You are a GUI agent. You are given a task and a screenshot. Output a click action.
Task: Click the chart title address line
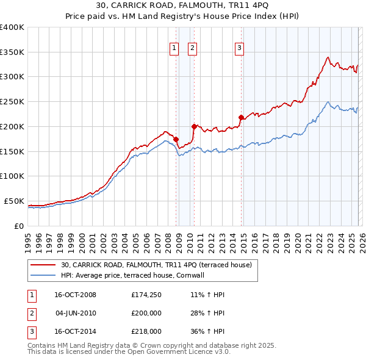tap(183, 5)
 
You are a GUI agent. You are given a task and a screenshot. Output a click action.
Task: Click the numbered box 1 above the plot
tap(174, 48)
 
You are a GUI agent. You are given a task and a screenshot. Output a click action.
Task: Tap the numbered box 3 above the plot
tap(239, 48)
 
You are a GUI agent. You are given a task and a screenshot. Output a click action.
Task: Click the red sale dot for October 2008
tap(176, 139)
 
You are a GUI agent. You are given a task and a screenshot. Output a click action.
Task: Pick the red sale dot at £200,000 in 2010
tap(194, 126)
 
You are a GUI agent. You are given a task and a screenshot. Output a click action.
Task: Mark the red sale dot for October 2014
tap(241, 117)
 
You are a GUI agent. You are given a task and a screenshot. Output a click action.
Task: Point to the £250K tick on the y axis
tap(12, 101)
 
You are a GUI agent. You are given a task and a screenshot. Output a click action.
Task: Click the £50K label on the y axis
tap(14, 201)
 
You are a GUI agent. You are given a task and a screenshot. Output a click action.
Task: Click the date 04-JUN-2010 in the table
tap(76, 313)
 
